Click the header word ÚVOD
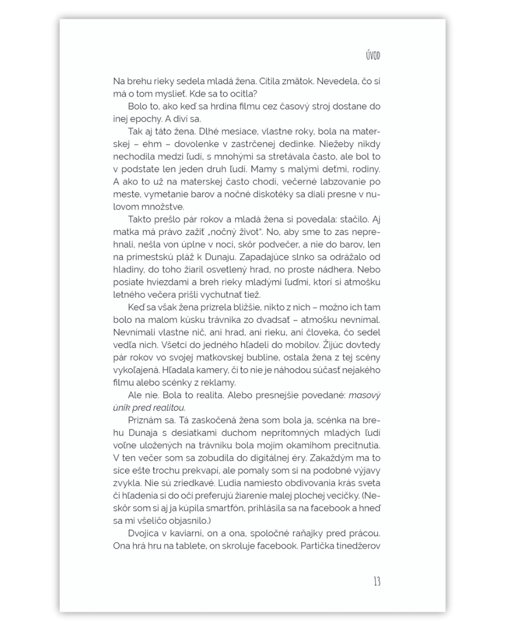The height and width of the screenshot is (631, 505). click(373, 56)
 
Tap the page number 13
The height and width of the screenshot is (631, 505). click(376, 581)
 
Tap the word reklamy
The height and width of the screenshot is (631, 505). click(217, 383)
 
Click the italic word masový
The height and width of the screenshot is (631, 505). click(365, 395)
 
